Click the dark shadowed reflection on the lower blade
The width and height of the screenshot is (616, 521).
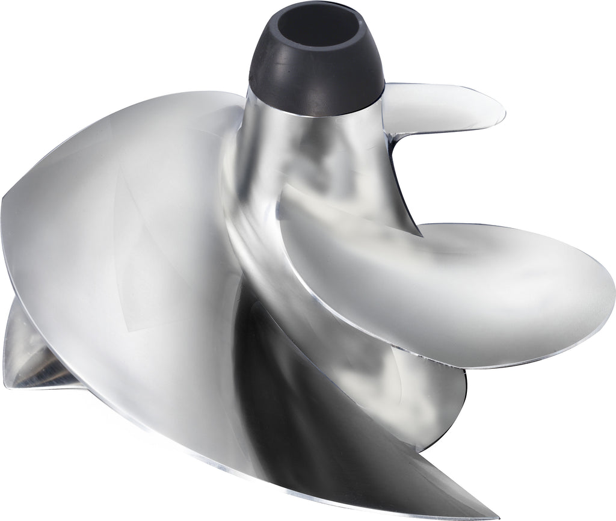(x=289, y=385)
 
